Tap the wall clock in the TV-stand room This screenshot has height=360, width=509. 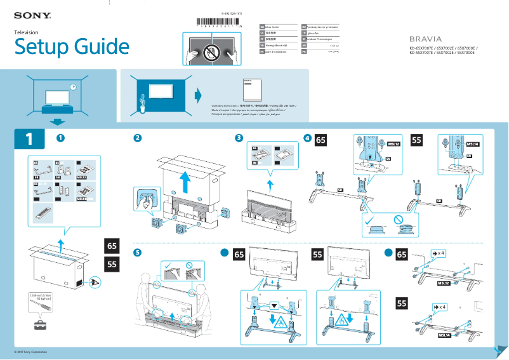point(73,87)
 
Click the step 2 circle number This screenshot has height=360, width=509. point(138,138)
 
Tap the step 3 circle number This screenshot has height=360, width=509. point(239,138)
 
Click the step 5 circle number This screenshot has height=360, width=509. point(138,253)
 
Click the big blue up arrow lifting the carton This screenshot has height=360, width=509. point(185,182)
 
